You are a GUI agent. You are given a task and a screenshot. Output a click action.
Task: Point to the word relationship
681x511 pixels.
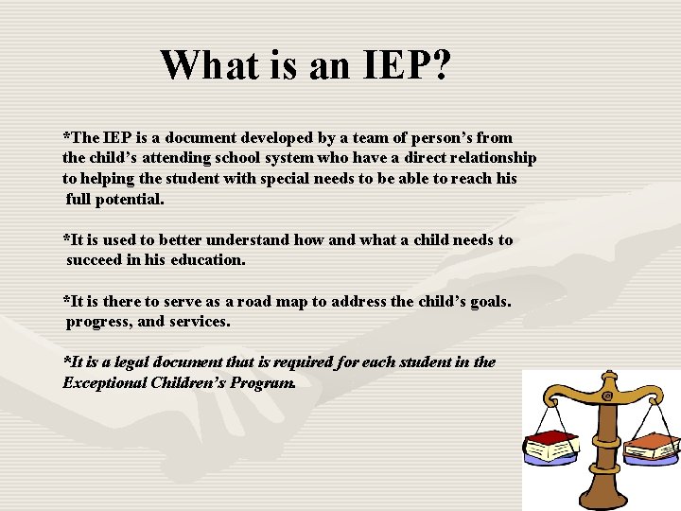coord(488,158)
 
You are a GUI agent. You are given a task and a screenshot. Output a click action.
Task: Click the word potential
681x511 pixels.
coord(132,200)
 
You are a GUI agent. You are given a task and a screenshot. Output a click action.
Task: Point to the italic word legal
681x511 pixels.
coord(152,362)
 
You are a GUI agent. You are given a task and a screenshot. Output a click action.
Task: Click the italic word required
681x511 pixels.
coord(318,362)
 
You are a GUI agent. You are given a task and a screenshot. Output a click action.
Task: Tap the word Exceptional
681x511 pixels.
coord(104,383)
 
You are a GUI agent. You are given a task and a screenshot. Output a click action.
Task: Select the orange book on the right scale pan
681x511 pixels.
coord(650,442)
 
